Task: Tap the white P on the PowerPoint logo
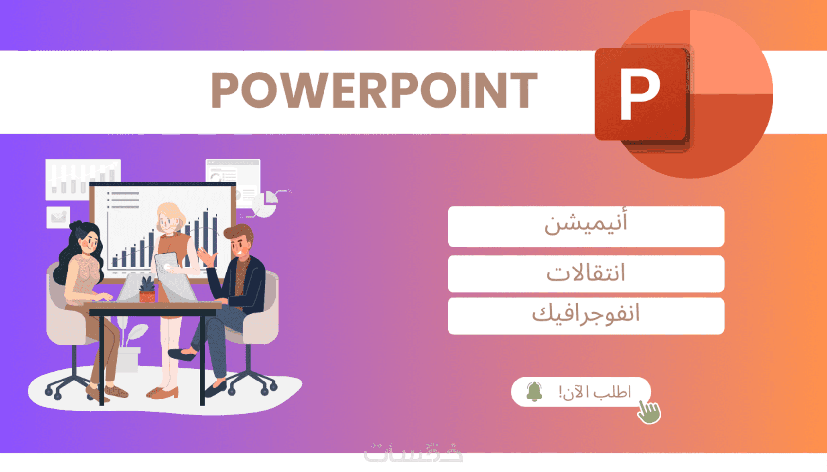coord(640,94)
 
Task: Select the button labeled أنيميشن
coord(586,226)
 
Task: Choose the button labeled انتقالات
coord(586,273)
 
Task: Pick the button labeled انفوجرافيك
coord(586,316)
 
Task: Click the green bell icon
coord(534,392)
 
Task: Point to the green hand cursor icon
coord(649,412)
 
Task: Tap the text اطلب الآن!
coord(594,392)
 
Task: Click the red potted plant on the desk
coord(147,290)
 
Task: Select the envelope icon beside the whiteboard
coord(58,217)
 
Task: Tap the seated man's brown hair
coord(239,232)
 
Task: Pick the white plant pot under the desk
coord(127,360)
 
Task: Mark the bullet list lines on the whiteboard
coord(123,200)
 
